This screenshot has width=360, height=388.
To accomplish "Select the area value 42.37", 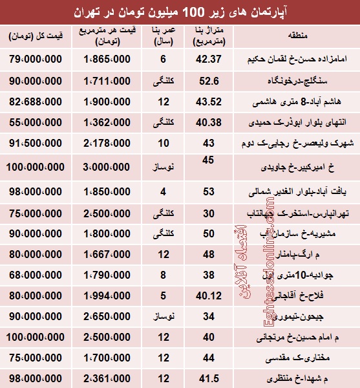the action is click(208, 60).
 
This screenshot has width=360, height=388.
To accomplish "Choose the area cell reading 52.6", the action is click(208, 81).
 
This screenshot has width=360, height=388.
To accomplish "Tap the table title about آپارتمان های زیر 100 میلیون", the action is click(180, 12).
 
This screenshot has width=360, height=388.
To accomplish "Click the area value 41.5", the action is click(208, 376).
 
